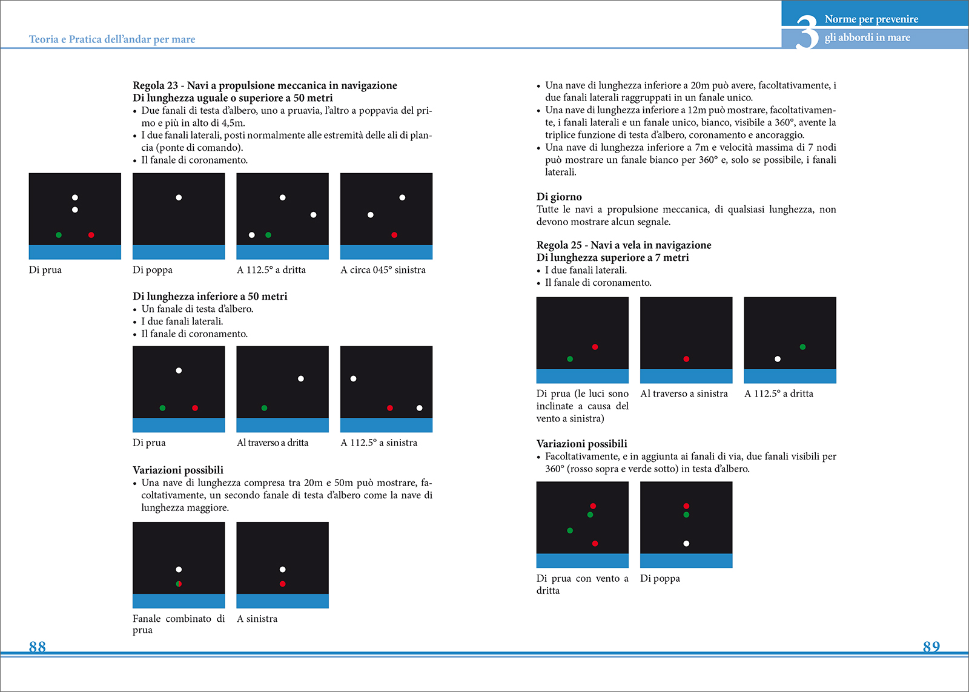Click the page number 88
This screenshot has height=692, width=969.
pos(38,647)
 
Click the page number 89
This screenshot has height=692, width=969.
pos(931,647)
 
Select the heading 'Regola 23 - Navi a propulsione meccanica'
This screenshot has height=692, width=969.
pos(265,85)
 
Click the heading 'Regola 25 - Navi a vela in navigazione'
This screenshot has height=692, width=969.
pos(624,245)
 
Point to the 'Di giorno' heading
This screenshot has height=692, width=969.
pos(559,197)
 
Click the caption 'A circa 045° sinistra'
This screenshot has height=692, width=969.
pos(383,270)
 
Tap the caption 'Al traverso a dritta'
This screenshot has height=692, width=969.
pos(273,443)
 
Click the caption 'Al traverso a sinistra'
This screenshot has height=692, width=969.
pos(684,394)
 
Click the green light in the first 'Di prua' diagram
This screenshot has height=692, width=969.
pos(59,235)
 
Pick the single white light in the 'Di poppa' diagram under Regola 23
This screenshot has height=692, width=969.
pos(179,197)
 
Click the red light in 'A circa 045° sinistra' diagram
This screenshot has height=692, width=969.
pos(394,235)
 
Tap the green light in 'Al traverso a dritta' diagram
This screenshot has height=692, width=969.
pos(264,408)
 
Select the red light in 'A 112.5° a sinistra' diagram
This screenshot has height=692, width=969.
pos(390,408)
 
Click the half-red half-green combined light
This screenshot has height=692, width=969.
pos(179,584)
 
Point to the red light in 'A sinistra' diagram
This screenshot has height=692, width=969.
pos(283,584)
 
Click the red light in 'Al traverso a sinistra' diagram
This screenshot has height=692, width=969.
pos(686,359)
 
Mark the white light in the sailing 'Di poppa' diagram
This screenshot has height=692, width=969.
pos(686,544)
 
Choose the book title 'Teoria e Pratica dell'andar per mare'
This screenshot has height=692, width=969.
pos(112,39)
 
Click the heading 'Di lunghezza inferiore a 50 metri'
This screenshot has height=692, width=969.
pos(210,296)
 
